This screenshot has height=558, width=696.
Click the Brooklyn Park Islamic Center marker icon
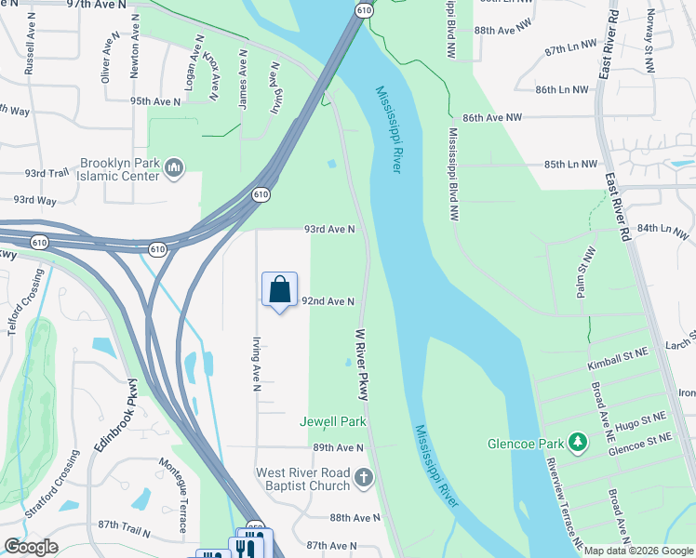pos(174,167)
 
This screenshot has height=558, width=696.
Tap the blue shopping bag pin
pos(279,290)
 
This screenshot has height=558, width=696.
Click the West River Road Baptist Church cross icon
pos(363,479)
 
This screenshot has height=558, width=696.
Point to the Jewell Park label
pos(333,421)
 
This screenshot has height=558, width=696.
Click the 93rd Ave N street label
pos(329,229)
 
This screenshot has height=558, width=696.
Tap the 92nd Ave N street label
pos(328,301)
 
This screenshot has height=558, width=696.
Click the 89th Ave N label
pos(336,447)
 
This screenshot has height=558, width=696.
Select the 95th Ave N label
pos(154,100)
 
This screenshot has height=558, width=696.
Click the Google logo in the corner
pos(31,547)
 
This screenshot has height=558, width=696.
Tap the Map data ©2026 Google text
pos(639,551)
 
